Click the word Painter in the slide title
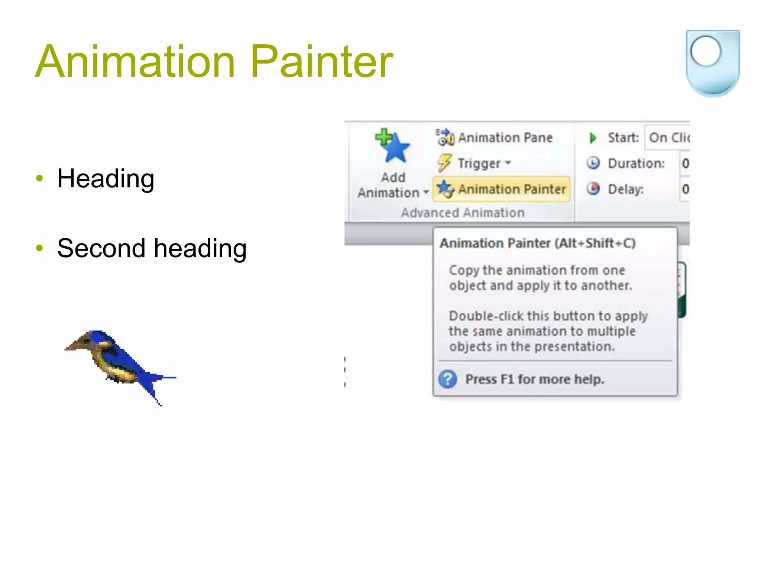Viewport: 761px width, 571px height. [321, 61]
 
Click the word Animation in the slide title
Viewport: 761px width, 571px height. [136, 61]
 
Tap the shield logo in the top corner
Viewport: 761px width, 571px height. [712, 63]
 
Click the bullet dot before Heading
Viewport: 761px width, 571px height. [39, 178]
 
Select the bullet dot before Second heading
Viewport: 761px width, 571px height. [39, 248]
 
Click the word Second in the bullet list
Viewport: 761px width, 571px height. [101, 248]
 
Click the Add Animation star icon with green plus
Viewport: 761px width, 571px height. [393, 146]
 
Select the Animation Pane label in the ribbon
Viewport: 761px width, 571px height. [505, 138]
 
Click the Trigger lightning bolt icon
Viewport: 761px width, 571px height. [444, 163]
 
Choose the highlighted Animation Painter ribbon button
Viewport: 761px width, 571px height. [501, 189]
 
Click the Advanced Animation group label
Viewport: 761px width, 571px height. [463, 213]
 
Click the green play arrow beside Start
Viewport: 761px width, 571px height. [593, 138]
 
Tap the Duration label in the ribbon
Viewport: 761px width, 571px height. [636, 164]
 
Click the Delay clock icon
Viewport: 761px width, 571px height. [593, 189]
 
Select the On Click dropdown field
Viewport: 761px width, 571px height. [668, 138]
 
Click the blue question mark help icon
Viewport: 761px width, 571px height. [448, 379]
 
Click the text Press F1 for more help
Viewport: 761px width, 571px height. [535, 380]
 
